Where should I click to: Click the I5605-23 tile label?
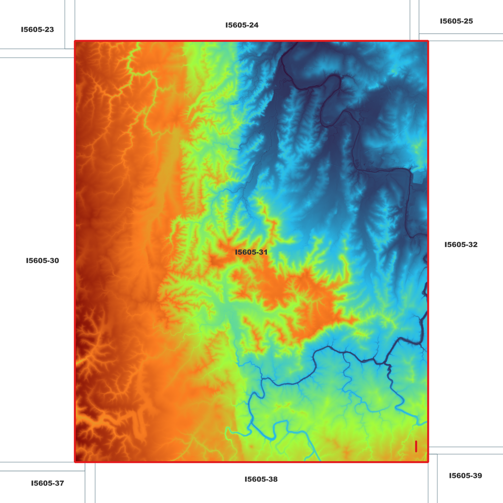click(37, 30)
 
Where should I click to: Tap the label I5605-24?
click(242, 25)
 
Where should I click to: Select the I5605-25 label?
click(456, 21)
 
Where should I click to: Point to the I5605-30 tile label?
click(42, 260)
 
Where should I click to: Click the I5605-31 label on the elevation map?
click(251, 252)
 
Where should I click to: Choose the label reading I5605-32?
click(461, 244)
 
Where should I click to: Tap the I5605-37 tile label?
click(47, 483)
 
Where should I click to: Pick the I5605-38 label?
click(261, 479)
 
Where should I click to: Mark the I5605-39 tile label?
click(465, 476)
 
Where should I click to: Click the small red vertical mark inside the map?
click(416, 446)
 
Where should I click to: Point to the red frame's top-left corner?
click(75, 41)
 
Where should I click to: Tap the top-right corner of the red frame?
click(428, 41)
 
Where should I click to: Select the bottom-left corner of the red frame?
click(75, 462)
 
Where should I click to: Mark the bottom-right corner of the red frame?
click(428, 462)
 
